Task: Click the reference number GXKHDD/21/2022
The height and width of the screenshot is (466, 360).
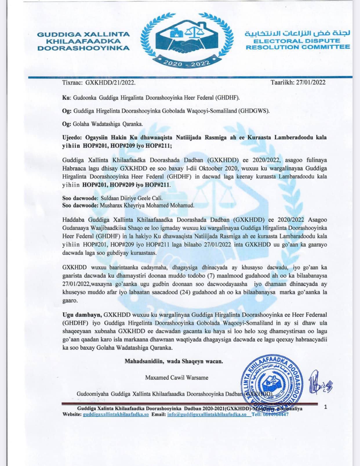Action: coord(110,82)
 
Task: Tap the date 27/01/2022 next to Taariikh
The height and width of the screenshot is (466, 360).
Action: coord(311,82)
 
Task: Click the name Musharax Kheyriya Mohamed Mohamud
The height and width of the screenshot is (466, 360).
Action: coord(147,205)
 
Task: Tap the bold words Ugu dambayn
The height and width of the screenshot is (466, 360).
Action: coord(82,315)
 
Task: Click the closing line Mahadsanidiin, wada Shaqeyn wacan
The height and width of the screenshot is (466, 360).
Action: coord(174,361)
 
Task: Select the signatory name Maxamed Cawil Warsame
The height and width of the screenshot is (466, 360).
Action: coord(177,378)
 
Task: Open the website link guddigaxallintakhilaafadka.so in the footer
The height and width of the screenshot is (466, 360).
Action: coord(116,414)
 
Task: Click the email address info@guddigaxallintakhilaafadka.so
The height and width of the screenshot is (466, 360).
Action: coord(207,414)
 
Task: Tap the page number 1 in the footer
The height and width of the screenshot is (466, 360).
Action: coord(326,407)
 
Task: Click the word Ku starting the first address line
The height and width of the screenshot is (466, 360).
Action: coord(65,98)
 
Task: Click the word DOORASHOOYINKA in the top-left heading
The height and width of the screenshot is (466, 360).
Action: coord(83,48)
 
